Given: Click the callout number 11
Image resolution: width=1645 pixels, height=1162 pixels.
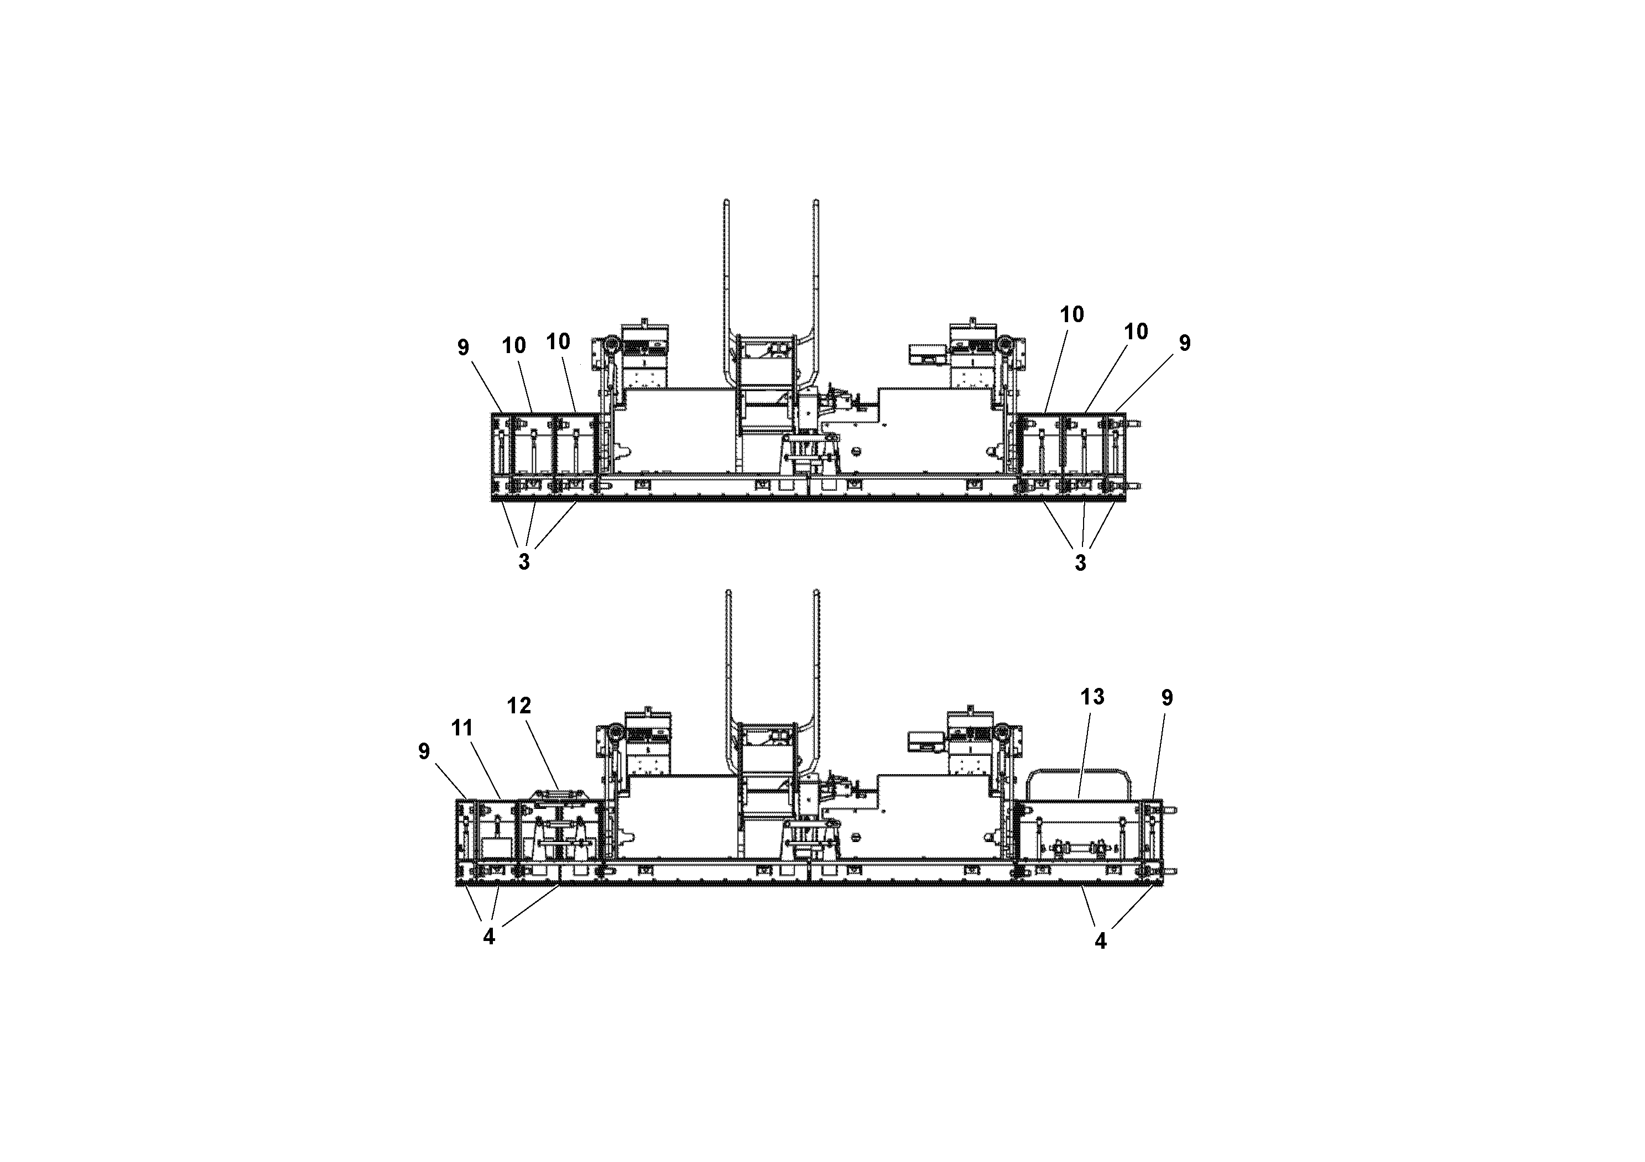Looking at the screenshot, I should [462, 728].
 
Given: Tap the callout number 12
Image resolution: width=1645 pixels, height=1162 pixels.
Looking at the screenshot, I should [519, 706].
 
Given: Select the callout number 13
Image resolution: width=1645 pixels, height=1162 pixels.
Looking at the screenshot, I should [1092, 696].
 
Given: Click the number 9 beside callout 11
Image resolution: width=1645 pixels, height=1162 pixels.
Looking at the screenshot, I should [423, 751].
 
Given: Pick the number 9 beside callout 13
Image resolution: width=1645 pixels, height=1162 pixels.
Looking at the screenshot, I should [1167, 697].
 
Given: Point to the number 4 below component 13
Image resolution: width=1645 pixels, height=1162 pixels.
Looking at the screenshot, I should [1101, 940].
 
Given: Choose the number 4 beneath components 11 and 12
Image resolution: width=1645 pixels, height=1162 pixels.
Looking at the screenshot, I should [488, 937].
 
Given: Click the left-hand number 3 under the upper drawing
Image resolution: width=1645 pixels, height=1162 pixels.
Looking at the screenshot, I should [524, 561].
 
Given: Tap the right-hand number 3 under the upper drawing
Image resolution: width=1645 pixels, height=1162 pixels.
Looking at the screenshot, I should [1080, 562].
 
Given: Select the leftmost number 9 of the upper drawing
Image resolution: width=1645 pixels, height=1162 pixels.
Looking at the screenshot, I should [463, 347].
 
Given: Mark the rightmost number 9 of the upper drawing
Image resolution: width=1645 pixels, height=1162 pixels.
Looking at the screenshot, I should [1184, 343].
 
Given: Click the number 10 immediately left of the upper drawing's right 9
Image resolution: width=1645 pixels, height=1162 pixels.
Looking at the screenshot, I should [1136, 331].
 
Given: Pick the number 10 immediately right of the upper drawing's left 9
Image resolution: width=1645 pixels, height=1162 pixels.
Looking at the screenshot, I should [514, 345].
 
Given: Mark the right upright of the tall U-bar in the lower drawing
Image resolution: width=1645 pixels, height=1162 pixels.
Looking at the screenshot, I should [817, 659].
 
